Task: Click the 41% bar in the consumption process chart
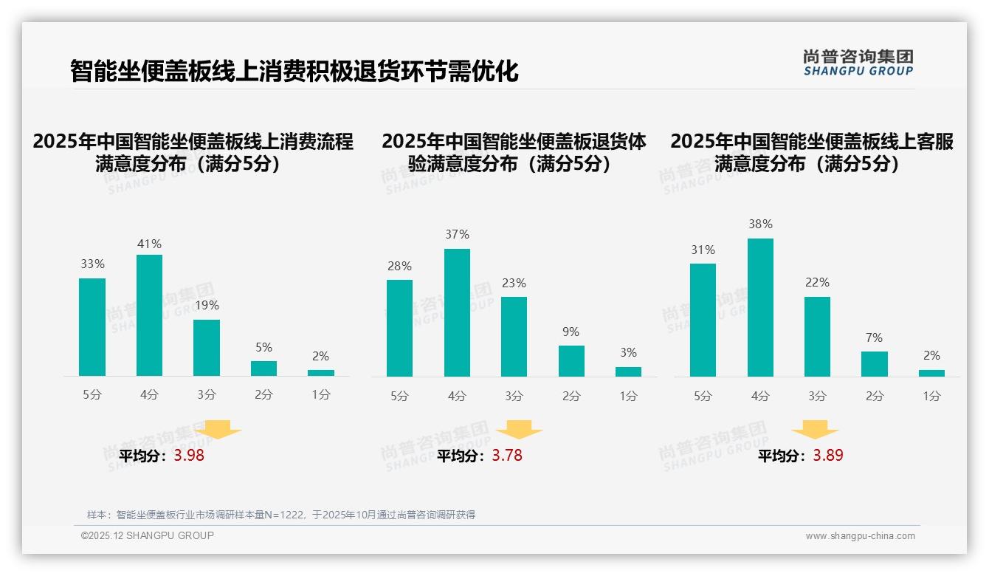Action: point(149,315)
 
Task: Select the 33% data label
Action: point(92,264)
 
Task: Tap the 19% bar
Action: point(207,348)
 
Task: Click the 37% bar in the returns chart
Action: point(457,312)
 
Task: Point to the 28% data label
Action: point(399,266)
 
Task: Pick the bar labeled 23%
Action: point(514,337)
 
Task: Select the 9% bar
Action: point(571,361)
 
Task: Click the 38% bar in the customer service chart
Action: point(760,307)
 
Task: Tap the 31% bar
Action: point(703,320)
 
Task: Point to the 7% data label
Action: point(874,337)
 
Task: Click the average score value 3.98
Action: point(189,456)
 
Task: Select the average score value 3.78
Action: point(507,456)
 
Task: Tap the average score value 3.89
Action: point(828,456)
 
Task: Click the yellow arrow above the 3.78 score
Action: point(520,430)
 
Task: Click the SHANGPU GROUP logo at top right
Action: point(858,63)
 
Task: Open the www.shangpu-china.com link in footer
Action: point(860,536)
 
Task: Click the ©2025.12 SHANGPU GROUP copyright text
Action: point(148,535)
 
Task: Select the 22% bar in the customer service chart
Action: point(817,337)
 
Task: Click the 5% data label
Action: point(263,347)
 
